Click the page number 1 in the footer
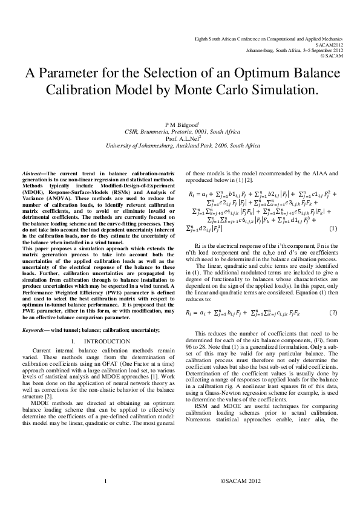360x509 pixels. pyautogui.click(x=105, y=498)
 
